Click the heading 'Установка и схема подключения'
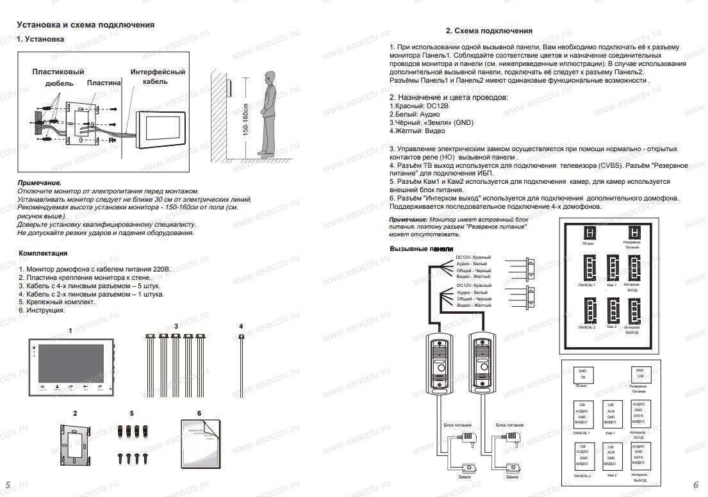85,25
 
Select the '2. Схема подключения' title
488,31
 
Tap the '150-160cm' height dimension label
245,118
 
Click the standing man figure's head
269,77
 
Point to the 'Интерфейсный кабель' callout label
158,77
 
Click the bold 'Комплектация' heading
44,253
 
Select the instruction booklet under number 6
201,443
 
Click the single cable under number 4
242,365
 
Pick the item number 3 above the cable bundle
176,327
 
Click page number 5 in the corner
8,484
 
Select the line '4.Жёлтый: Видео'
417,131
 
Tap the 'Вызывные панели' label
421,248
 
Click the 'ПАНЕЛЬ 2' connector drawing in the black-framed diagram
588,311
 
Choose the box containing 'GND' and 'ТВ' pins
582,375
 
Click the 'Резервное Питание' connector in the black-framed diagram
633,233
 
